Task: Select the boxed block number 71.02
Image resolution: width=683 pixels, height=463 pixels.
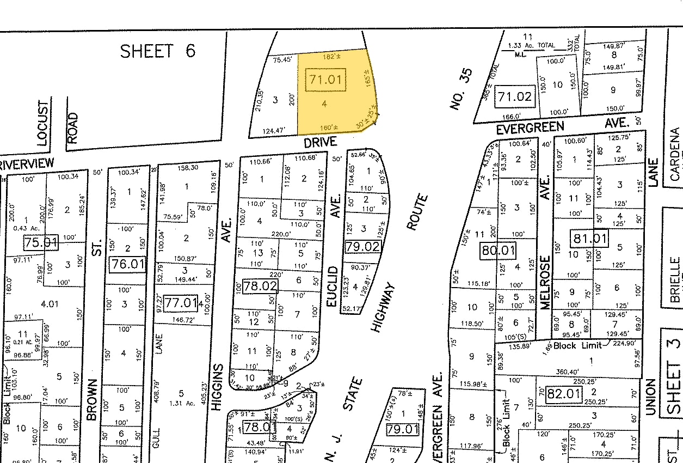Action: tap(514, 98)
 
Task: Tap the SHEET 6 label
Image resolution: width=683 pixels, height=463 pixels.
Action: tap(157, 51)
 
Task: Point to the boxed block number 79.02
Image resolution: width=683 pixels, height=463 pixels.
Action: tap(362, 247)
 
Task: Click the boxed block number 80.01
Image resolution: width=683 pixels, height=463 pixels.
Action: tap(497, 251)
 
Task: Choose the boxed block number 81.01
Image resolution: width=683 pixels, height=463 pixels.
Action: tap(589, 238)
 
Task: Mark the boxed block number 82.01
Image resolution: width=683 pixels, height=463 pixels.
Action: tap(563, 394)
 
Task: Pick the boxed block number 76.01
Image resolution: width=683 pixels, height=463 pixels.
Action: tap(127, 265)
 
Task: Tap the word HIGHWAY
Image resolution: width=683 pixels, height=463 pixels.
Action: tap(385, 307)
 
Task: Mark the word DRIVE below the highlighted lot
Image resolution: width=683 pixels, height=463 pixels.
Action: tap(320, 142)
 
